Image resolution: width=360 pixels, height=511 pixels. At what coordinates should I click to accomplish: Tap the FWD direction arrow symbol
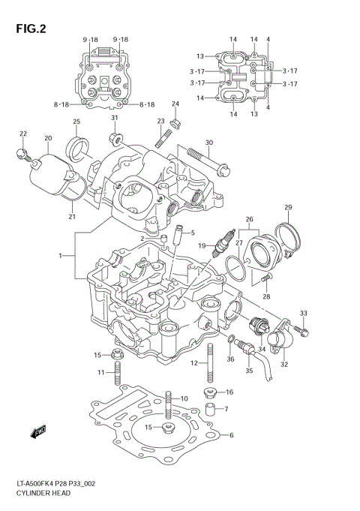[38, 433]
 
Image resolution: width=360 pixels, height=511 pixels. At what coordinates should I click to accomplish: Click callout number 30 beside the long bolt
[209, 143]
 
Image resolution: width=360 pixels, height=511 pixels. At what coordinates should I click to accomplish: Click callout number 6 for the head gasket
[231, 436]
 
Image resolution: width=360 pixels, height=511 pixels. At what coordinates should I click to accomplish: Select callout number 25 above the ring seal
[76, 122]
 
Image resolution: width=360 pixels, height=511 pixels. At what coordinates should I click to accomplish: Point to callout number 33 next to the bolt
[304, 313]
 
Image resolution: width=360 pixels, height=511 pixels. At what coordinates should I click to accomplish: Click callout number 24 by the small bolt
[175, 104]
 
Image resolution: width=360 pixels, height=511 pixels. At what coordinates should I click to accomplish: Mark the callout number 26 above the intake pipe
[249, 220]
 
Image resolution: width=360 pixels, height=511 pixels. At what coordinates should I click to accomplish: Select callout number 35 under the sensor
[250, 371]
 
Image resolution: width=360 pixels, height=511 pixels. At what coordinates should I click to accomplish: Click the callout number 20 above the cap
[48, 139]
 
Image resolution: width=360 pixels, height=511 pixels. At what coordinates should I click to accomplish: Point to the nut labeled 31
[116, 139]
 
